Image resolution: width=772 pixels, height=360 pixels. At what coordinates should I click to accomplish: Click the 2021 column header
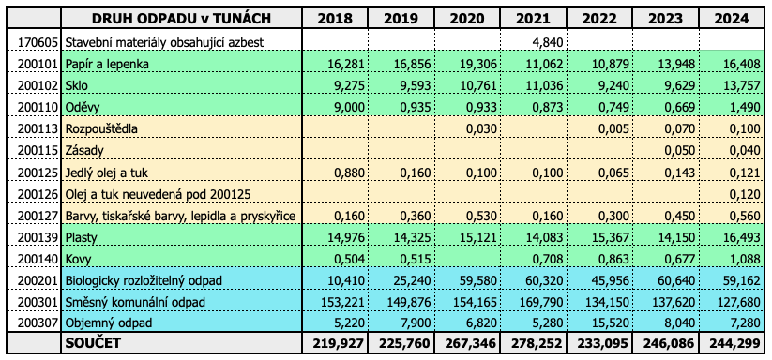click(x=533, y=18)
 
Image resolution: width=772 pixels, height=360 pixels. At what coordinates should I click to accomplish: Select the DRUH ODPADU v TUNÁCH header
click(x=181, y=18)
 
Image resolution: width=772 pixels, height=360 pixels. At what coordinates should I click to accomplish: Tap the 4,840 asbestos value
click(x=548, y=42)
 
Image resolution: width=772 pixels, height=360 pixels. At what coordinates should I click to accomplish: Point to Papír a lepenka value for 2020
click(x=481, y=65)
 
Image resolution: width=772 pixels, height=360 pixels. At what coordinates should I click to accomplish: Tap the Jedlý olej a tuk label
click(x=107, y=172)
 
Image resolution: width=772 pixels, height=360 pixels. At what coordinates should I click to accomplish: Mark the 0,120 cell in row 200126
click(x=746, y=194)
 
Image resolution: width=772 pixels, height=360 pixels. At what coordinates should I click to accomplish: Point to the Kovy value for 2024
click(x=746, y=259)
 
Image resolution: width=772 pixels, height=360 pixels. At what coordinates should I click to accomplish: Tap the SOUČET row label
click(x=93, y=343)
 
